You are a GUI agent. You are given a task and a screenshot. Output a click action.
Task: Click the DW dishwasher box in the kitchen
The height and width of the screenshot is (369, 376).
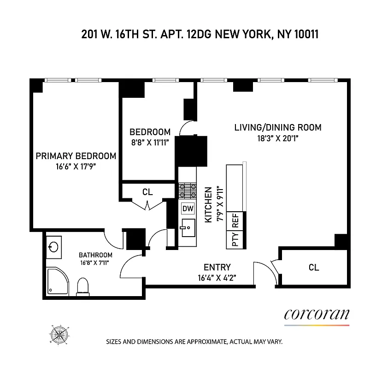[188, 208]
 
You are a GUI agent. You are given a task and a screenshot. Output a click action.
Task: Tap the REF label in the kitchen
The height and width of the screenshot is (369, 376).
[235, 222]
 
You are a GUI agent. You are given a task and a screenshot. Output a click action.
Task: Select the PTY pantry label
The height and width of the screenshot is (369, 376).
[235, 240]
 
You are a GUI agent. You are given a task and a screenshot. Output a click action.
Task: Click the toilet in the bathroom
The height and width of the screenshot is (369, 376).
[83, 286]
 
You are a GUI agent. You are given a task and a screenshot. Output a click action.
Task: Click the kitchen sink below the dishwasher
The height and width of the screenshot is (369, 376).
[187, 228]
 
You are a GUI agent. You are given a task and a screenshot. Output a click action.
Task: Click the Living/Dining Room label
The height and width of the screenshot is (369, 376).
[277, 128]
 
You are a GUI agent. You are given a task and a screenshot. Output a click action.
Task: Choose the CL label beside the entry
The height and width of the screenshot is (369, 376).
[314, 267]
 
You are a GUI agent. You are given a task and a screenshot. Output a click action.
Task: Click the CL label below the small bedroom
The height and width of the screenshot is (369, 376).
[147, 192]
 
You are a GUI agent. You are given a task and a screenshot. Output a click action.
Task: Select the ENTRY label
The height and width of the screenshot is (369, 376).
[217, 267]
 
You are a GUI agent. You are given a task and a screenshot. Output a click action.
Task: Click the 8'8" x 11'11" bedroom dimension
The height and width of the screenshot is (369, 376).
[150, 143]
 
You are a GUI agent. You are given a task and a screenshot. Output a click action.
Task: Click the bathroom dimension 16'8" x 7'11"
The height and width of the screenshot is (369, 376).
[95, 264]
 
